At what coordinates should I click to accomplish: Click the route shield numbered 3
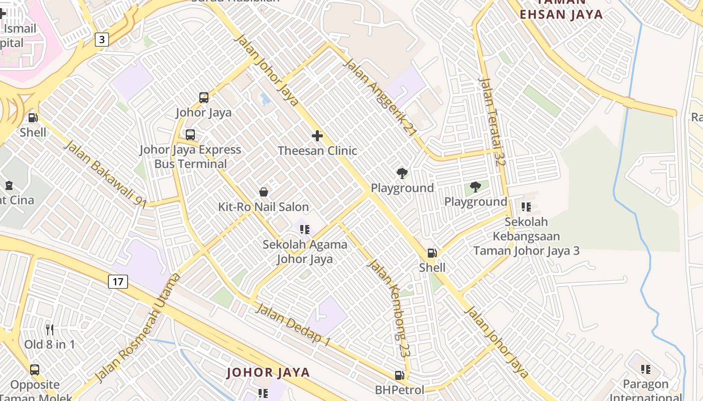click(102, 39)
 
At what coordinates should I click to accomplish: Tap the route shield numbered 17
click(118, 281)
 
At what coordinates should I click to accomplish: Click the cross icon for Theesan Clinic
click(317, 136)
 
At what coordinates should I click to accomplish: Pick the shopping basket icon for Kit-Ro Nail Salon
click(264, 192)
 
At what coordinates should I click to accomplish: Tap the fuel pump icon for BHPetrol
click(399, 375)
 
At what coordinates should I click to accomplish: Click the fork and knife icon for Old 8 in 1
click(49, 329)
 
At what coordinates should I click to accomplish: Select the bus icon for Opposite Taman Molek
click(35, 370)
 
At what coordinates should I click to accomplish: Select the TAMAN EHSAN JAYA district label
click(561, 14)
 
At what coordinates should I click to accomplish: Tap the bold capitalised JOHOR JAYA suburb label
click(268, 372)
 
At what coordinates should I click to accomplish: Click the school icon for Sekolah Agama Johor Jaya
click(305, 230)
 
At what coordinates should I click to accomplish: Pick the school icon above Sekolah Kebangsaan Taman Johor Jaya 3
click(526, 207)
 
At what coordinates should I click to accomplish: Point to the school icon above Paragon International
click(646, 369)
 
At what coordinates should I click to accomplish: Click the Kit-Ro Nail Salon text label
click(264, 207)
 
